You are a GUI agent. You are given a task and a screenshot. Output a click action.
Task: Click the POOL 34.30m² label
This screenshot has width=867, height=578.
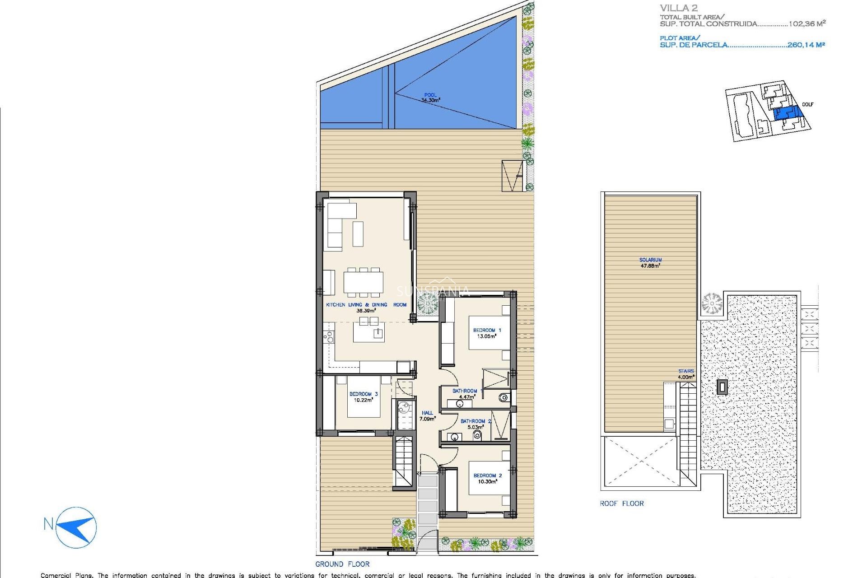(x=430, y=98)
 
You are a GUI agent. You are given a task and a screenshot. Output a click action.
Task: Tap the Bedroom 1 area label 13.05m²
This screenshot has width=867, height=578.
(x=487, y=336)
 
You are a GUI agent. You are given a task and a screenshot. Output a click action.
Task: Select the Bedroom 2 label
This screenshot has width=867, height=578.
(x=487, y=475)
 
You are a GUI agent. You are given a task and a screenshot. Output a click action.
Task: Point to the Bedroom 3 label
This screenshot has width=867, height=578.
(x=363, y=394)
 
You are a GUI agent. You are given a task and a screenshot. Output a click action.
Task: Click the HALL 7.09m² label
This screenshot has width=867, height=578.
(x=427, y=416)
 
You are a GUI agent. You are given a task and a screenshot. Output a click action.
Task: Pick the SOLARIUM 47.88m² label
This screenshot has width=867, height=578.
(x=650, y=263)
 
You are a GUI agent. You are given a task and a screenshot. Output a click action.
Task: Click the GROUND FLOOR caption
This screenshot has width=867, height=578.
(x=342, y=564)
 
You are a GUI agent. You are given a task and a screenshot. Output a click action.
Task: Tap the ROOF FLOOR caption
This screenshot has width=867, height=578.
(x=621, y=503)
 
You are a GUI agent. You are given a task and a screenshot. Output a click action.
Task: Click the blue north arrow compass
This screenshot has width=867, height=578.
(x=76, y=527)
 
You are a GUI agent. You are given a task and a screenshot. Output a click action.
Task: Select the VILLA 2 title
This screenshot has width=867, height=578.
(x=679, y=8)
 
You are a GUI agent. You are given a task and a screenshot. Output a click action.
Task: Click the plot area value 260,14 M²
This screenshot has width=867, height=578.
(x=806, y=45)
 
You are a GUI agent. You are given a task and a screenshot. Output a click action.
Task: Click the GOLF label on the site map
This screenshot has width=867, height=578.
(x=807, y=104)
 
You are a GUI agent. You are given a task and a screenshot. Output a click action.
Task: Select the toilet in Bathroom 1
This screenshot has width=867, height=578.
(x=503, y=397)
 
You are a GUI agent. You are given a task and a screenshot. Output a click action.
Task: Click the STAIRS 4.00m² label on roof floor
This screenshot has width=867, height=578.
(x=685, y=374)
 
